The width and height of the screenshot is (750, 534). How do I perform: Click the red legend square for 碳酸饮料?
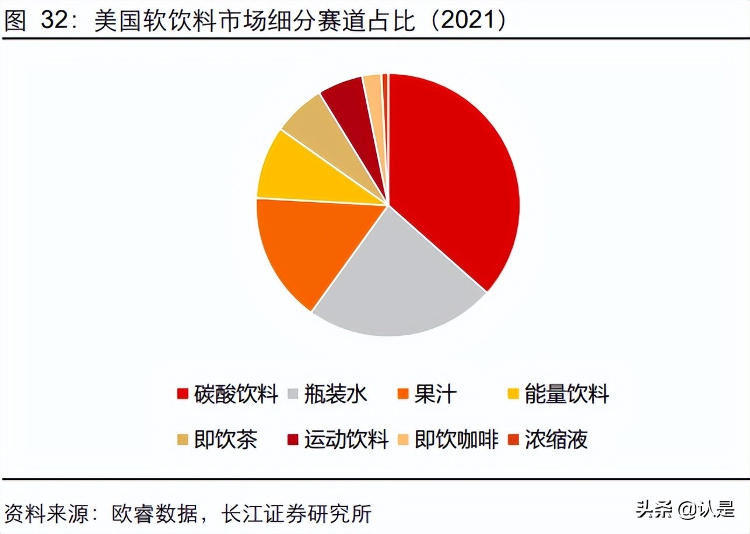pyautogui.click(x=183, y=395)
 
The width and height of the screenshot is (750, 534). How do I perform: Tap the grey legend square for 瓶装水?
pyautogui.click(x=294, y=395)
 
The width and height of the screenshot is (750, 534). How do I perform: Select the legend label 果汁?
pyautogui.click(x=435, y=395)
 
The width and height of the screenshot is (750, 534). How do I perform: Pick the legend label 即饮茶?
pyautogui.click(x=226, y=439)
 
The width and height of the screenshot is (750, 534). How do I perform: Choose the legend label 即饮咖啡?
pyautogui.click(x=457, y=439)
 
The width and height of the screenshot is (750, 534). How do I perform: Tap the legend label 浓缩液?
pyautogui.click(x=556, y=439)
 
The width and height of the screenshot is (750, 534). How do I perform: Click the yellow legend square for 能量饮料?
pyautogui.click(x=513, y=395)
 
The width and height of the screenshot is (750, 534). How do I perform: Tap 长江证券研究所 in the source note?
pyautogui.click(x=297, y=514)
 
